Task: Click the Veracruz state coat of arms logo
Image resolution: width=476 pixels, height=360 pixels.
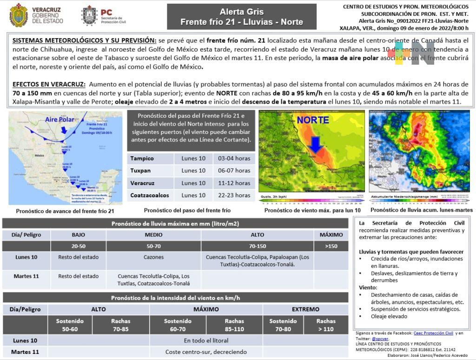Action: click(x=19, y=15)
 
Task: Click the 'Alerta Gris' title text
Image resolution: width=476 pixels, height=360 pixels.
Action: click(x=241, y=12)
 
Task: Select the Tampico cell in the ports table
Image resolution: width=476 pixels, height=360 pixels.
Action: click(x=142, y=159)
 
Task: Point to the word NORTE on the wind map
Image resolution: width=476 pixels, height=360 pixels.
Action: click(x=313, y=120)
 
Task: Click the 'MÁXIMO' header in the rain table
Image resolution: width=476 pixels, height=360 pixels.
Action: click(x=331, y=235)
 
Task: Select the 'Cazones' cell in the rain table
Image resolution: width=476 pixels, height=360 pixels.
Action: click(x=153, y=257)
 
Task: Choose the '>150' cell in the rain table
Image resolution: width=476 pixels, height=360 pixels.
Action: click(x=331, y=246)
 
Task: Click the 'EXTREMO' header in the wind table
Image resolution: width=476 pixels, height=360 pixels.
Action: click(x=305, y=309)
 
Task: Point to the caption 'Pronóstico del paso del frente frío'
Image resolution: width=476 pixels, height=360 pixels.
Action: click(x=187, y=210)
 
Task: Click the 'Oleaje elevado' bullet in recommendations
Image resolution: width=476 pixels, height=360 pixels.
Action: click(x=389, y=316)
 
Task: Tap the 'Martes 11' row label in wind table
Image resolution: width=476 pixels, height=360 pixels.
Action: click(x=25, y=352)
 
